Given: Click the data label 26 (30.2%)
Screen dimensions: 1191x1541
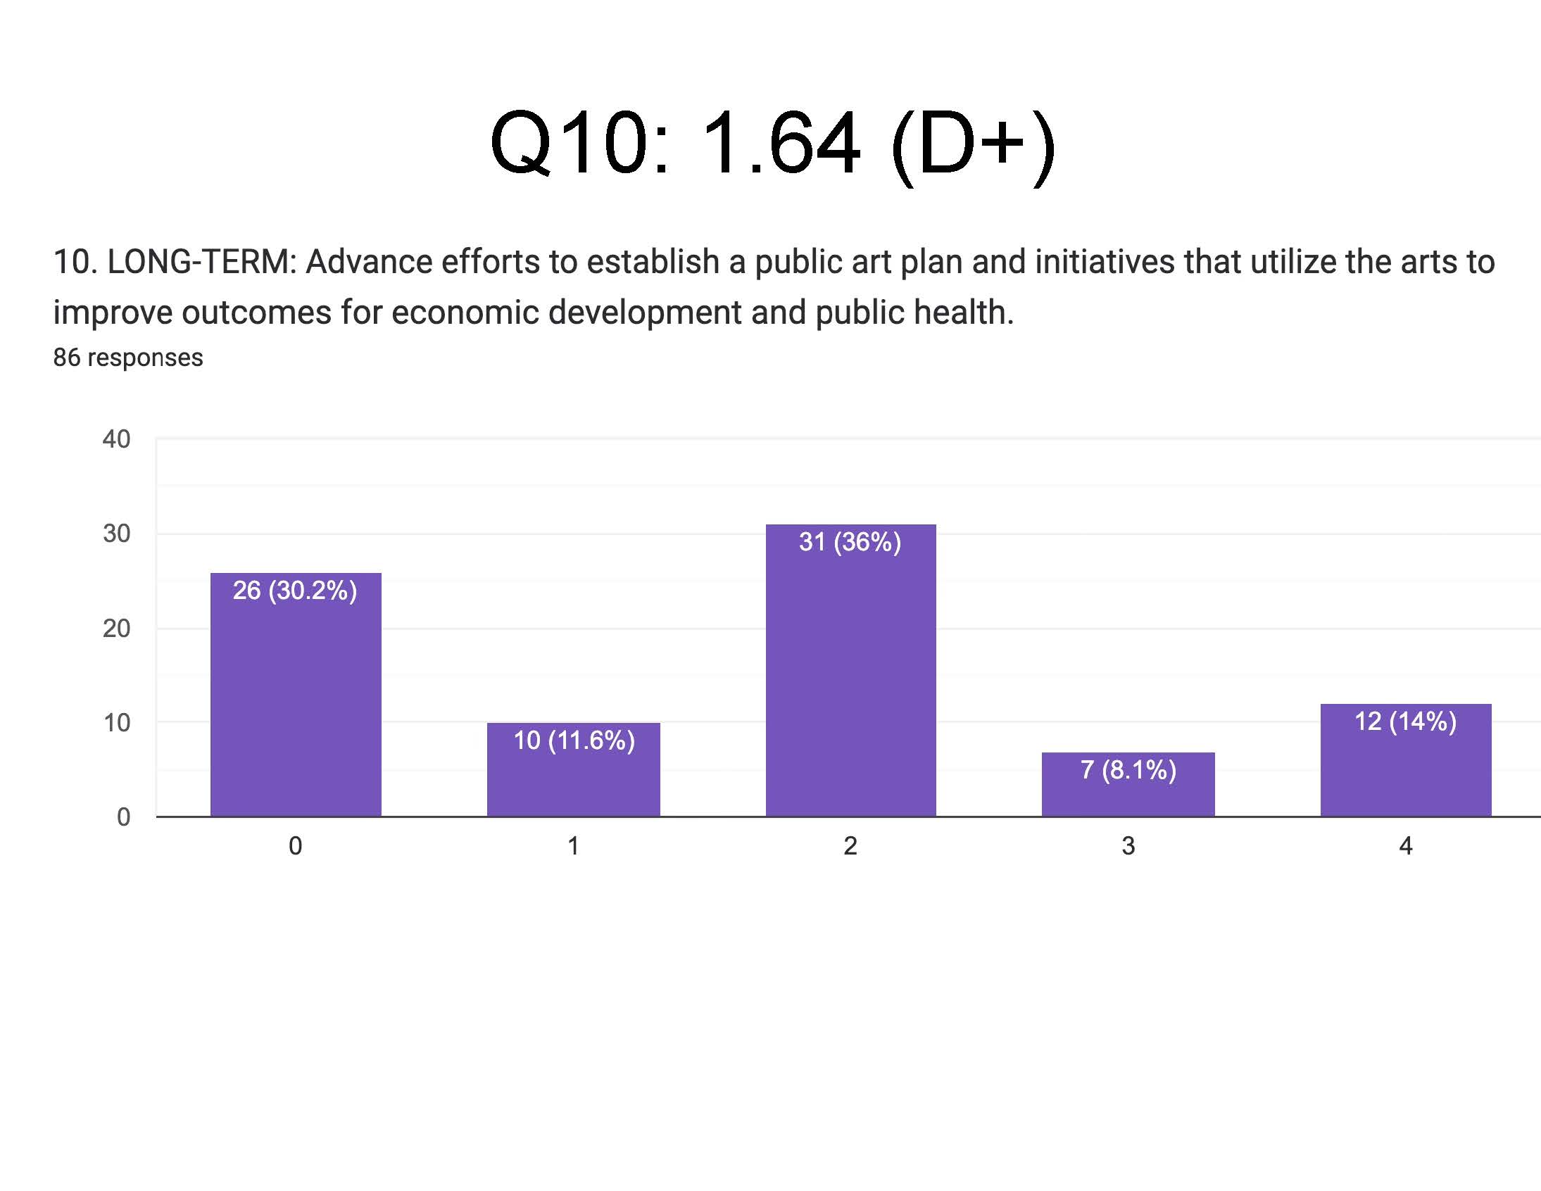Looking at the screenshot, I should [295, 590].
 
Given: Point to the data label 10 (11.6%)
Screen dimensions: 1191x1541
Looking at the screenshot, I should [574, 740].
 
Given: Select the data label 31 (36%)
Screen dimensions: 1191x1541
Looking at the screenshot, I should [850, 541].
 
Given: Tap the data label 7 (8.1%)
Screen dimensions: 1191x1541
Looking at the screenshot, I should [1128, 769].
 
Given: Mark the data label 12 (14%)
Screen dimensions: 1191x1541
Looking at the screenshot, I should [1406, 721].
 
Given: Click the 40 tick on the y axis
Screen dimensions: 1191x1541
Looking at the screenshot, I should [116, 439].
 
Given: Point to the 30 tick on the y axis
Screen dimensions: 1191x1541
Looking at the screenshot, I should [116, 534].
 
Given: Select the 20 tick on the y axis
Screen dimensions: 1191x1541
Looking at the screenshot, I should [116, 628].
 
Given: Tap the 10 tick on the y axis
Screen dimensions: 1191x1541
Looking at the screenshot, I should [116, 722].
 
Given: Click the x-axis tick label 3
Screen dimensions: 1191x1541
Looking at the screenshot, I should [1128, 845].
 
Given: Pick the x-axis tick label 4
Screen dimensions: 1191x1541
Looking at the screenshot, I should [1406, 845].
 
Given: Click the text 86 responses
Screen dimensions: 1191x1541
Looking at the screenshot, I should [127, 358].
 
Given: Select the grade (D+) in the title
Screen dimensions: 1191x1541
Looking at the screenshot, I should [974, 144].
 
